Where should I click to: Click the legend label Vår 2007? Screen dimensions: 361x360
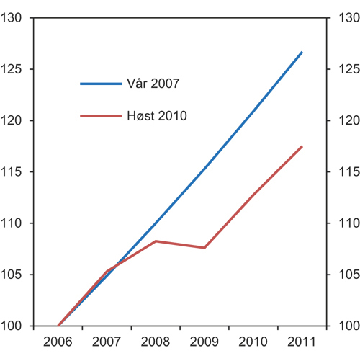(x=153, y=84)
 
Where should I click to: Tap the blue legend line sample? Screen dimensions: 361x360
(x=101, y=84)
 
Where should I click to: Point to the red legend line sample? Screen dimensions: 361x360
(x=101, y=115)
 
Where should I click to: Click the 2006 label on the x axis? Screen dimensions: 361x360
(x=58, y=341)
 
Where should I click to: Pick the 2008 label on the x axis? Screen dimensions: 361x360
(x=156, y=341)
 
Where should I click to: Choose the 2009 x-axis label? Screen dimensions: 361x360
(x=204, y=341)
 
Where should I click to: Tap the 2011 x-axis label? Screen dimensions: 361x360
(x=302, y=341)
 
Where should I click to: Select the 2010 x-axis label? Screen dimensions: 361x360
(x=253, y=341)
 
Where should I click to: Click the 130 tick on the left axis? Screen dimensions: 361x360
(x=16, y=18)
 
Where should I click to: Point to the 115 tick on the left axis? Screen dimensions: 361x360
(x=16, y=171)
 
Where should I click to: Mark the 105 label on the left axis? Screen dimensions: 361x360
(x=16, y=275)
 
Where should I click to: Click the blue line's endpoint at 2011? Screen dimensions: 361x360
(x=302, y=53)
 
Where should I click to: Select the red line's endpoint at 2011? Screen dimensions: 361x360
(x=302, y=147)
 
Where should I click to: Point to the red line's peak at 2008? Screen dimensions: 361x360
(x=156, y=241)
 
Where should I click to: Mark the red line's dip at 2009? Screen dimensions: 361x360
(x=204, y=248)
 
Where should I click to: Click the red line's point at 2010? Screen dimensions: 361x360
(x=253, y=195)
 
